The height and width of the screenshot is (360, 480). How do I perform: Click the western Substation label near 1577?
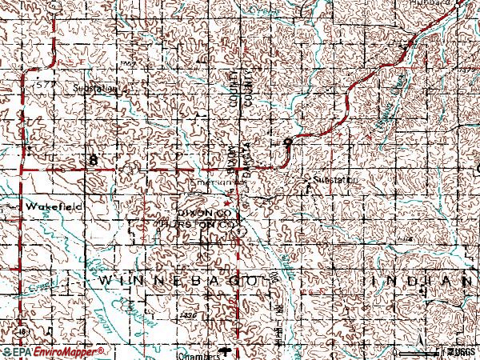coord(94,89)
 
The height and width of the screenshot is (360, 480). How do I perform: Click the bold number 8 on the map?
coord(94,160)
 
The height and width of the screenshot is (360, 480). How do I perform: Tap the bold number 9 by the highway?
coord(286,142)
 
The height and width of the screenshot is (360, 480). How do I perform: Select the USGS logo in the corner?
coord(459,352)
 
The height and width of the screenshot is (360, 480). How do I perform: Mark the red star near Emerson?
coord(226,202)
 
